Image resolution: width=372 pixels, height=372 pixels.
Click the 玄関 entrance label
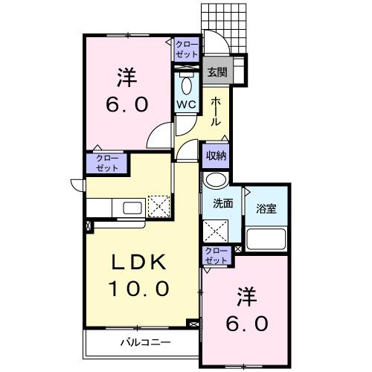[217, 72]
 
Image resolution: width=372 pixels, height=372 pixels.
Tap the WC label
[185, 103]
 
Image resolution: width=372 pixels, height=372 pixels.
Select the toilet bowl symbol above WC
[185, 83]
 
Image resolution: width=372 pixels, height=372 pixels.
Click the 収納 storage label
[217, 155]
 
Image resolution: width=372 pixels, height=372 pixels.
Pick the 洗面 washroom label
[223, 204]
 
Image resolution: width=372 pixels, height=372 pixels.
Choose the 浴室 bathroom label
[266, 208]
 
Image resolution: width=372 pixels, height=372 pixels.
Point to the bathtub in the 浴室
[266, 238]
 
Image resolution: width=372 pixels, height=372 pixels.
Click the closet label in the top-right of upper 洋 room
[187, 50]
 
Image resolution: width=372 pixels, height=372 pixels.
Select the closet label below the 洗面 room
[217, 256]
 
